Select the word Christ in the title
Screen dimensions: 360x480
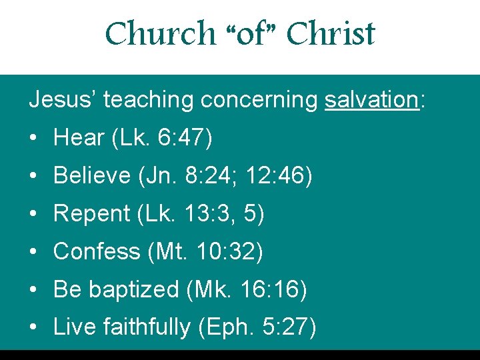[331, 33]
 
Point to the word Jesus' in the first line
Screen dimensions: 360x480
[62, 100]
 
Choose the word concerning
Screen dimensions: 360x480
[259, 101]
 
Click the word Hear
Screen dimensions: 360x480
[79, 138]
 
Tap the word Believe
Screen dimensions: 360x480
[91, 176]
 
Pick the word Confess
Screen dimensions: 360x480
[96, 252]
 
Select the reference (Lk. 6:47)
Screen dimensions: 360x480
[162, 138]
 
